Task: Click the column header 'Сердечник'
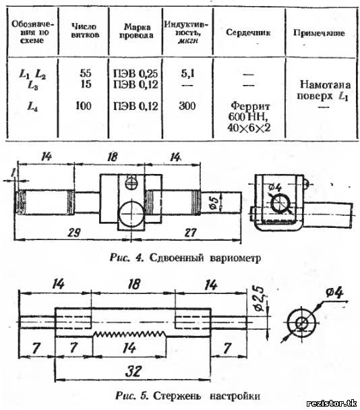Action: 248,32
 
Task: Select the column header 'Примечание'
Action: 319,33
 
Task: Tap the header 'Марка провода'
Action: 136,31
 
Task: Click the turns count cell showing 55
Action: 86,73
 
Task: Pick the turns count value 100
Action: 84,106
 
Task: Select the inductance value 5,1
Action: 188,74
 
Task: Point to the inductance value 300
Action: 187,106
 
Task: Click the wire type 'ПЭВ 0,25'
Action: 136,74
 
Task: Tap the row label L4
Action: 32,107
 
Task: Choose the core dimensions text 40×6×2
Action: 249,127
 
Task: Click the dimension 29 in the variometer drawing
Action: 74,233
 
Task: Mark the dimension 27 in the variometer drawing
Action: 190,232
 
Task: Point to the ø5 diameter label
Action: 214,203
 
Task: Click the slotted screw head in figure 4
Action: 131,182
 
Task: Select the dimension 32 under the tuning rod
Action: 133,371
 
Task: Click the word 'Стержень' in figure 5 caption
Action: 177,396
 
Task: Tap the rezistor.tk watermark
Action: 332,403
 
